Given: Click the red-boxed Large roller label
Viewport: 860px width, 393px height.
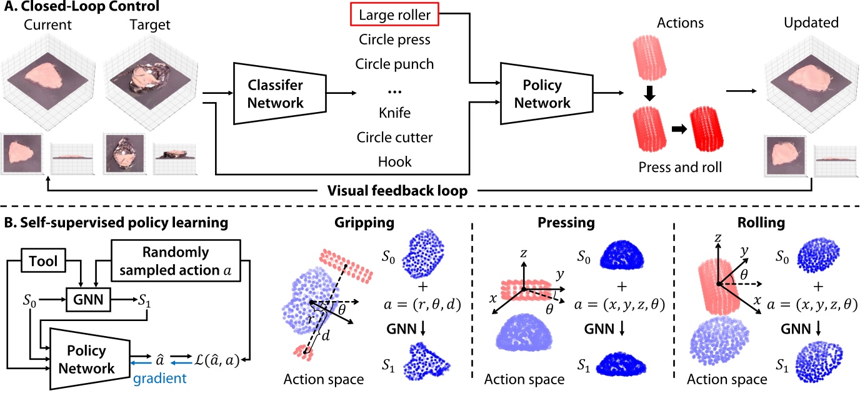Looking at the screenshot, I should (x=394, y=13).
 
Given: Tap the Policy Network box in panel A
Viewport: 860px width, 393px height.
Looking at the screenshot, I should (x=542, y=94).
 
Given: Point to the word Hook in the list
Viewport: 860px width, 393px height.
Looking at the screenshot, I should (x=394, y=162).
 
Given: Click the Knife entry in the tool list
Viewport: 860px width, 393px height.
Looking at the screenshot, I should (x=394, y=115).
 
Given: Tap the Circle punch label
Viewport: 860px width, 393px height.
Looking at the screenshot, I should (x=394, y=64).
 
